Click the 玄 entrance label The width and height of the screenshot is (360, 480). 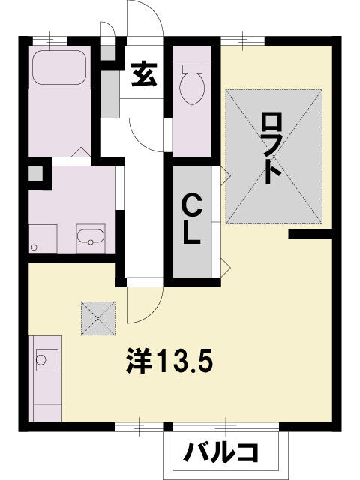(x=144, y=74)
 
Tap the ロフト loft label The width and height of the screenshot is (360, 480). (x=271, y=148)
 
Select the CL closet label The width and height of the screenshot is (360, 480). (x=192, y=219)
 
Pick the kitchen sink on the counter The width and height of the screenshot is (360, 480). (x=47, y=360)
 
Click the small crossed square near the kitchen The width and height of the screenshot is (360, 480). (x=98, y=318)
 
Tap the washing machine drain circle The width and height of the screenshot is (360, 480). (x=34, y=247)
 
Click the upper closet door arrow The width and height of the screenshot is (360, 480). (x=226, y=175)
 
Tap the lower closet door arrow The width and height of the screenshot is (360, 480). (x=226, y=265)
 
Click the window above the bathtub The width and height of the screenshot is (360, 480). (x=49, y=40)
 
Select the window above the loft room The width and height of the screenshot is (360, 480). (x=243, y=40)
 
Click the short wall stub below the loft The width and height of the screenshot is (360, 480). (x=310, y=234)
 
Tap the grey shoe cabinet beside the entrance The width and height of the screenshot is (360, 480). (x=109, y=94)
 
